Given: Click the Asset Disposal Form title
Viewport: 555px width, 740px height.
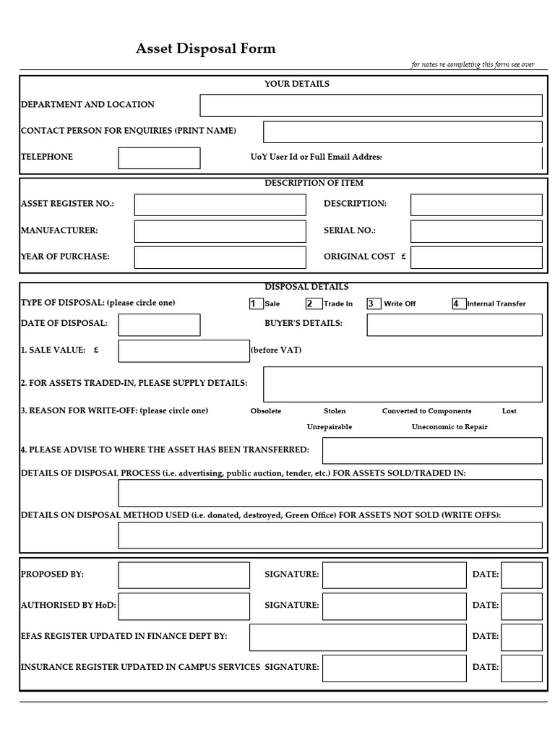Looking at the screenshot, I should click(206, 49).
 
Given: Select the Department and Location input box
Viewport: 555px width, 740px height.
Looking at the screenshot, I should click(371, 106).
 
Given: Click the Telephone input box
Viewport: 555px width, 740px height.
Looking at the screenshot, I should click(159, 158).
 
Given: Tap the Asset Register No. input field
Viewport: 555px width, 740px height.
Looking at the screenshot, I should click(220, 205).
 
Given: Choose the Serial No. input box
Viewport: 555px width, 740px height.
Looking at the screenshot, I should click(476, 231).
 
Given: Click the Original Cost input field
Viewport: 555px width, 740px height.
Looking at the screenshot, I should click(476, 257).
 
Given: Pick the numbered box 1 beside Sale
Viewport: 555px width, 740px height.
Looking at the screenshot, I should click(256, 304).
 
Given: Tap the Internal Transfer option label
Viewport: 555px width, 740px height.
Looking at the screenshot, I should click(496, 304).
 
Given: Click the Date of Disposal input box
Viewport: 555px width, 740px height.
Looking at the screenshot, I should click(159, 324).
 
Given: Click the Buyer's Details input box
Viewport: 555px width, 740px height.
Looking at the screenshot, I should click(454, 324).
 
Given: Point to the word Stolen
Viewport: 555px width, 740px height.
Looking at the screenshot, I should click(335, 410).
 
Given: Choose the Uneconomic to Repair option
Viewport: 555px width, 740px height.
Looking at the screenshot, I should click(449, 426).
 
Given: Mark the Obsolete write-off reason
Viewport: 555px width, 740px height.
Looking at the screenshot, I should click(266, 410).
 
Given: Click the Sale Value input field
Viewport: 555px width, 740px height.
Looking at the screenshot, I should click(184, 350).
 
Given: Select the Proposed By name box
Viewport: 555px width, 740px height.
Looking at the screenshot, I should click(184, 575).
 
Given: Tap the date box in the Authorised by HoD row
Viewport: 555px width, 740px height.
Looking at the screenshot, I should click(521, 606).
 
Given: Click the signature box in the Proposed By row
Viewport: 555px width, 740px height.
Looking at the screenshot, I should click(394, 575).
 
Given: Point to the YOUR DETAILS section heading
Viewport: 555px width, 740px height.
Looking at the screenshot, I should click(296, 84).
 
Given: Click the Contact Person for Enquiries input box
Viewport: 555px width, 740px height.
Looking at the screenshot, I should click(403, 132).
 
